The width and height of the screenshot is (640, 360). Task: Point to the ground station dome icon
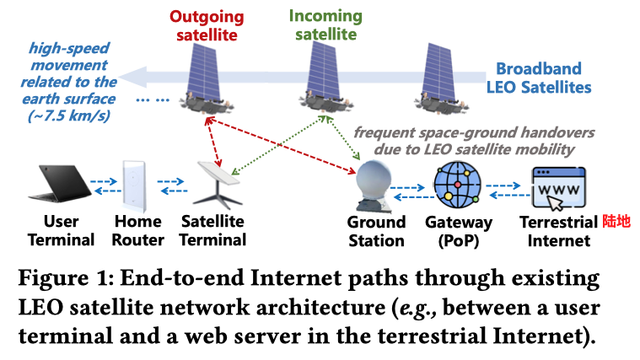[x=374, y=185]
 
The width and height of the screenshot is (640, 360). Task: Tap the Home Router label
[x=137, y=230]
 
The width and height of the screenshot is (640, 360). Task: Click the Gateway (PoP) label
[x=460, y=230]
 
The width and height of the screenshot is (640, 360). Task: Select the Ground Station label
[x=376, y=230]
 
